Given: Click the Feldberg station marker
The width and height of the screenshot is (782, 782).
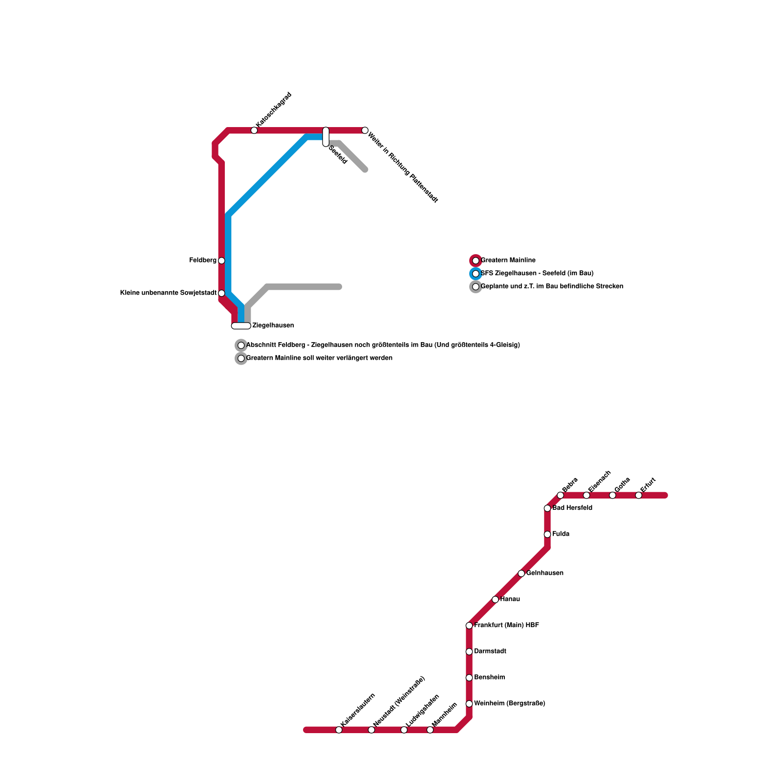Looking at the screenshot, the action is (x=221, y=261).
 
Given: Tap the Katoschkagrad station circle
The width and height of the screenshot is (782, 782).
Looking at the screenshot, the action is (x=254, y=130).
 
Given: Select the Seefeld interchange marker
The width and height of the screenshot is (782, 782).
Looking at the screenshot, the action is (x=326, y=137).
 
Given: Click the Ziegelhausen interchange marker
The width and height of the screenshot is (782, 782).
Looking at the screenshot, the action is (x=241, y=326).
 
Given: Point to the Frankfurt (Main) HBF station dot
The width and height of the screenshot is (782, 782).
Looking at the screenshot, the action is (x=469, y=626).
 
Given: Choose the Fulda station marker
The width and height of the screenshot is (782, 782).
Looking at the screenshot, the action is (x=547, y=534).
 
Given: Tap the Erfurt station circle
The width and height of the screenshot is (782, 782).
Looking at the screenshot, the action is (x=638, y=496).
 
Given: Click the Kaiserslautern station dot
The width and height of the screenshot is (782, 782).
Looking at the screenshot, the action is (x=339, y=730).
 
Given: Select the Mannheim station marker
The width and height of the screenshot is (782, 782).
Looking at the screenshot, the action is (x=430, y=730).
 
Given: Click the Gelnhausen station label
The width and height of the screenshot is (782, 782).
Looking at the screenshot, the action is (x=545, y=573).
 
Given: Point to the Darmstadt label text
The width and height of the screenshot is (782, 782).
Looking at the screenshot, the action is (x=490, y=652).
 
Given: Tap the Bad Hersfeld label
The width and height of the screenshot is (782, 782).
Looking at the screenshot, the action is (x=572, y=508).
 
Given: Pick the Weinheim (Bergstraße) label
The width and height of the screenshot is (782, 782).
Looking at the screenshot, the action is (x=510, y=704).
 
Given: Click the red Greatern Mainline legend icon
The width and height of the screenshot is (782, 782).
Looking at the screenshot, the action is (x=476, y=261).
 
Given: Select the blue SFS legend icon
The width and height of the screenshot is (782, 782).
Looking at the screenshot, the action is (x=476, y=274).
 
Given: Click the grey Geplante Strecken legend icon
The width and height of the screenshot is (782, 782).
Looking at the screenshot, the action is (x=476, y=287).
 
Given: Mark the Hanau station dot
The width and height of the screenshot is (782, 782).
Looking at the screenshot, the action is (x=495, y=600).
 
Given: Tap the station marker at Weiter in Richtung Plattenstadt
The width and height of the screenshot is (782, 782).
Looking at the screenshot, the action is (x=365, y=130).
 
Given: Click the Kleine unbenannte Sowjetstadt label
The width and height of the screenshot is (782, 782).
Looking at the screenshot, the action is (x=168, y=293).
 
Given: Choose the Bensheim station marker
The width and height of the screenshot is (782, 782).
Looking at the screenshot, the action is (x=469, y=678).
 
